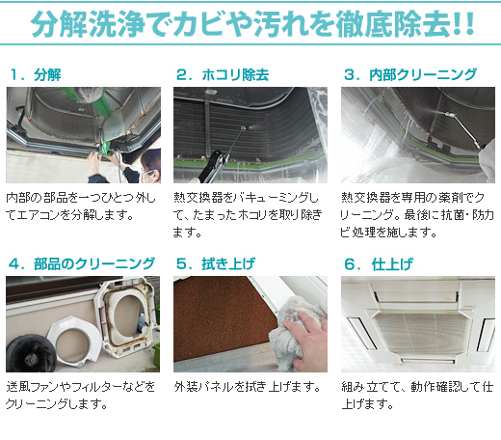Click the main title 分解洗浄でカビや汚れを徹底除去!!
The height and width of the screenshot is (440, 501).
click(x=252, y=24)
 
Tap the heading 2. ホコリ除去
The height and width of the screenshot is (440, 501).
click(x=223, y=75)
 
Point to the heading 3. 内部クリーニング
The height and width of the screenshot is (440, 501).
click(x=410, y=75)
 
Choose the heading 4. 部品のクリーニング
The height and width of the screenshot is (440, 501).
click(x=82, y=264)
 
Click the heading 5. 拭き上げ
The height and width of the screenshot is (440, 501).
click(x=216, y=264)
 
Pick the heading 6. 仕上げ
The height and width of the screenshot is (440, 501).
click(x=379, y=264)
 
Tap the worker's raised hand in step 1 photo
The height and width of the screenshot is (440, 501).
click(x=93, y=162)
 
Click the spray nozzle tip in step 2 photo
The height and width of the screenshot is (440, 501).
click(x=243, y=128)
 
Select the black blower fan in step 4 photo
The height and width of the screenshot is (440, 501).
click(x=31, y=353)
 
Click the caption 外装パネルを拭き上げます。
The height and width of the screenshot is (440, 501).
click(x=248, y=387)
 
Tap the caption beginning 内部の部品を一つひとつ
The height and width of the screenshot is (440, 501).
click(x=81, y=206)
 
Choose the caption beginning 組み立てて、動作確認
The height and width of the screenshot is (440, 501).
click(x=417, y=395)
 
